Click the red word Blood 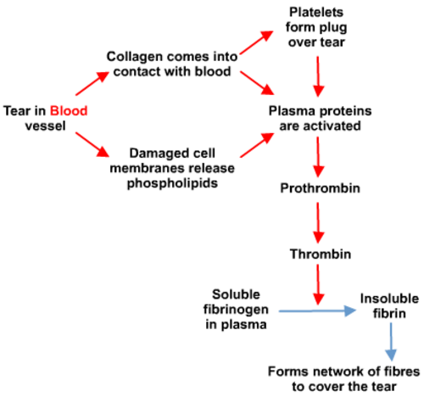click(x=68, y=110)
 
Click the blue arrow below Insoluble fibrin click(x=392, y=343)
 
